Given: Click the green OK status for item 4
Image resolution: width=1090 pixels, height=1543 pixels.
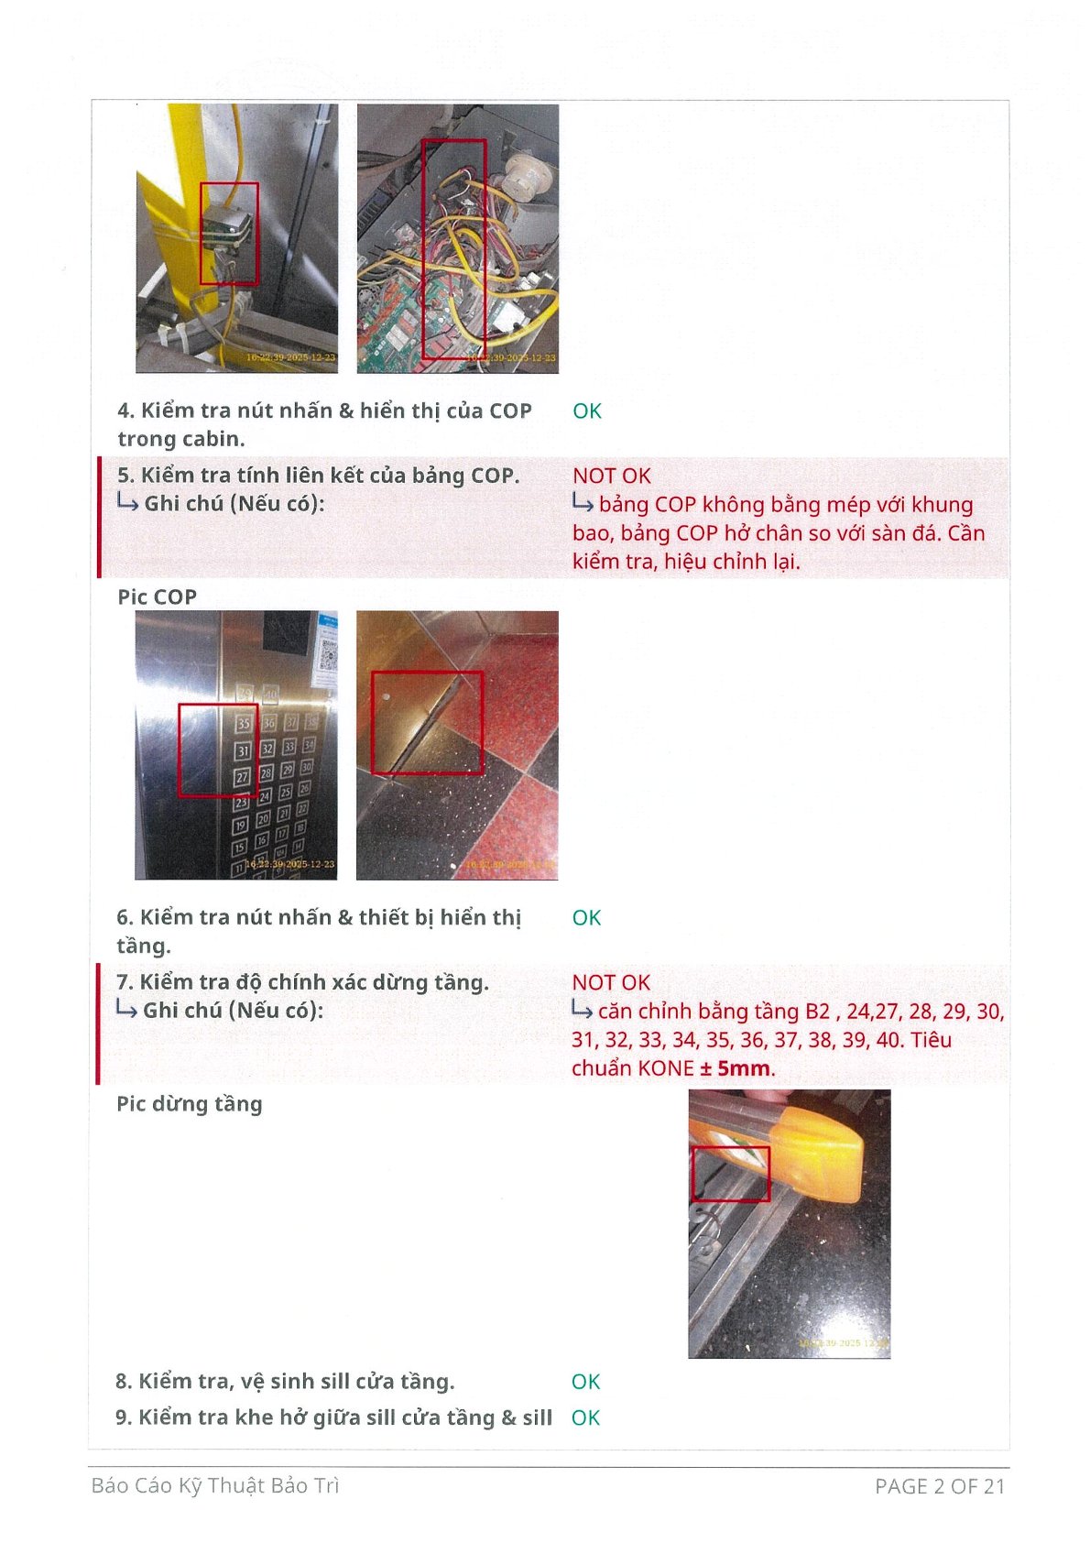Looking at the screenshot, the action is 586,411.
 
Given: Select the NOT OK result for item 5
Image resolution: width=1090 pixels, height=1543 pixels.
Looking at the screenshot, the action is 612,476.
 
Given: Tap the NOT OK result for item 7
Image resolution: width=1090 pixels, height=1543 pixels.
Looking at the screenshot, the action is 611,983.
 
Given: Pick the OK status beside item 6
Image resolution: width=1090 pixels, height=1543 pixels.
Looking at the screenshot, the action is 586,918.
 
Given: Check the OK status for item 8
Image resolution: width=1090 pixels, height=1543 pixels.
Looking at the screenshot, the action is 585,1382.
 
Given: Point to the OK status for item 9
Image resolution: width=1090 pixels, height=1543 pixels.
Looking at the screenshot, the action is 585,1418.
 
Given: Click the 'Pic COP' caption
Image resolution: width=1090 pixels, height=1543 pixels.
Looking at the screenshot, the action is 157,597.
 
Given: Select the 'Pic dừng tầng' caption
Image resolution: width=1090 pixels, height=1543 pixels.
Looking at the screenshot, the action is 190,1105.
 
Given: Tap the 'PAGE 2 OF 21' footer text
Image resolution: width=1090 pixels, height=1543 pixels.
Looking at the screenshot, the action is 939,1487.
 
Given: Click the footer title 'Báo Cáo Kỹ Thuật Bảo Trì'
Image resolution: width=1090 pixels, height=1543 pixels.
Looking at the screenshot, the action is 215,1486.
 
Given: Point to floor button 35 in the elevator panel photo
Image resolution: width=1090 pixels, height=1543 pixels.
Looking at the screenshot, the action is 244,724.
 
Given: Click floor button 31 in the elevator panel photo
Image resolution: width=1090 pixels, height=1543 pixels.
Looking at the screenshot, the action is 243,750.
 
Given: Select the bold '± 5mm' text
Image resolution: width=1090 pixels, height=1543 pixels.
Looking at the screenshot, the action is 736,1069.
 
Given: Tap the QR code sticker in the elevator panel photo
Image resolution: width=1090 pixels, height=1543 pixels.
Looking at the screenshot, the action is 326,651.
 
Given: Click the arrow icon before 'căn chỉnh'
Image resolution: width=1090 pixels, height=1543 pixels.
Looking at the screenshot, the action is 582,1011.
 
